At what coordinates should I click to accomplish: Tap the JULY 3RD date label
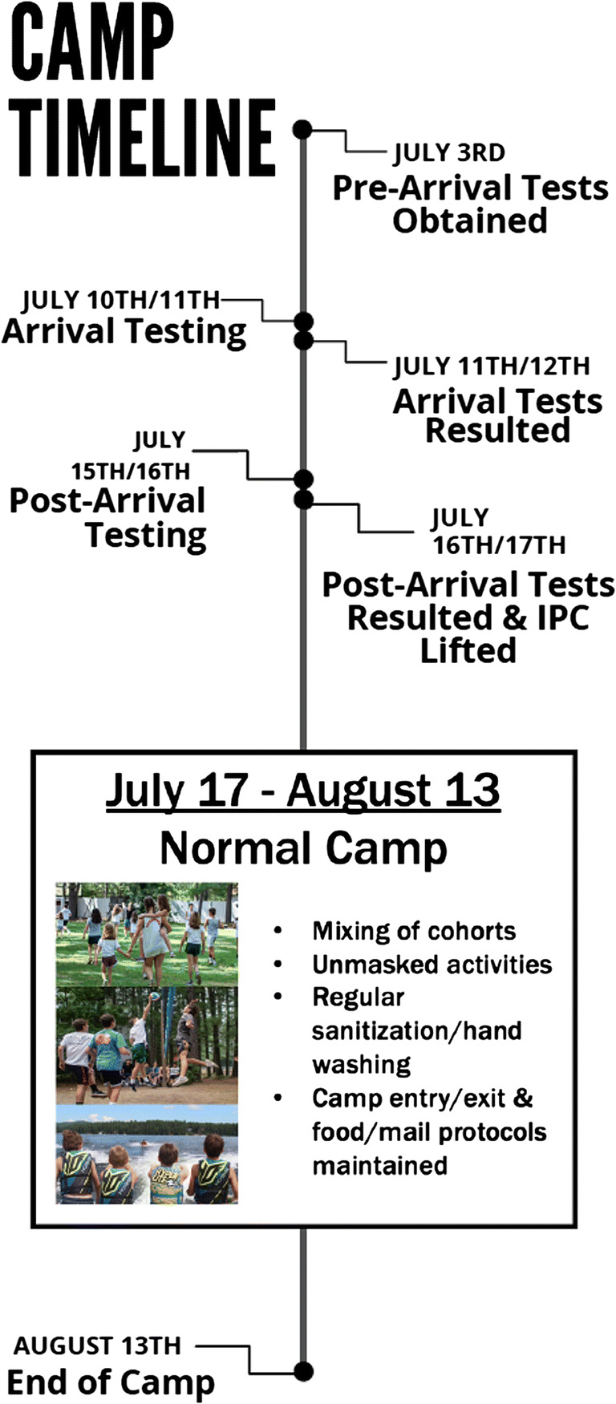pyautogui.click(x=448, y=152)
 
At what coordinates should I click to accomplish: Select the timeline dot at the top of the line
pyautogui.click(x=302, y=129)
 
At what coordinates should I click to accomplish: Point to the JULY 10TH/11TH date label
pyautogui.click(x=120, y=300)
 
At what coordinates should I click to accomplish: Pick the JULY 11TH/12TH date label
pyautogui.click(x=492, y=366)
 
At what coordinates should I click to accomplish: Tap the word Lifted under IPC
pyautogui.click(x=468, y=650)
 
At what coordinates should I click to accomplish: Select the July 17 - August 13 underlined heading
pyautogui.click(x=303, y=791)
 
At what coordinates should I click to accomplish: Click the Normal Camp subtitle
pyautogui.click(x=303, y=848)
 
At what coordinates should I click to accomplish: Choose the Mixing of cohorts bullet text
pyautogui.click(x=414, y=931)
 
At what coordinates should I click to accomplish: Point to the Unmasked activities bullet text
pyautogui.click(x=432, y=964)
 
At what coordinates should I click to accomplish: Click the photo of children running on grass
pyautogui.click(x=147, y=934)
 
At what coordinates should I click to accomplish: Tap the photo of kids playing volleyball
pyautogui.click(x=147, y=1045)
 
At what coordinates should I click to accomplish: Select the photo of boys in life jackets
pyautogui.click(x=147, y=1154)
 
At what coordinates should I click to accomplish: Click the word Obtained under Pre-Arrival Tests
pyautogui.click(x=470, y=221)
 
